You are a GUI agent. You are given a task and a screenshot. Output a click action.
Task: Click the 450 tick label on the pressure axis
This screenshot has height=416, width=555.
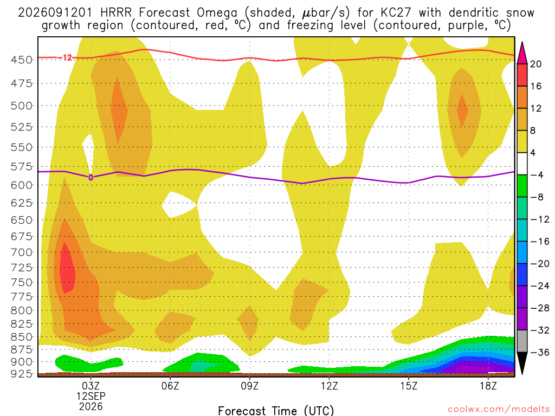[22, 60]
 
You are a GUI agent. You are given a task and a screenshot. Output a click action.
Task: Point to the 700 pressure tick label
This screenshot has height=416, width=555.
[22, 252]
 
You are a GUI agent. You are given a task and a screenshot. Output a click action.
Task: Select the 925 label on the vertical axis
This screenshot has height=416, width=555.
[22, 373]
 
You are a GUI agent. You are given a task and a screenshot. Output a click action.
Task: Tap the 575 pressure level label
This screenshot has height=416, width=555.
[22, 166]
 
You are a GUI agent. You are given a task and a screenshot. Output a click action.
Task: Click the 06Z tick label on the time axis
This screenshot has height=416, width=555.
[170, 386]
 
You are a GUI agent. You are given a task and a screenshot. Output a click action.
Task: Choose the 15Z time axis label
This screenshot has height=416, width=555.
[409, 386]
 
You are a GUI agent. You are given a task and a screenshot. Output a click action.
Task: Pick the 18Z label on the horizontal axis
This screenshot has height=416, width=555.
[488, 386]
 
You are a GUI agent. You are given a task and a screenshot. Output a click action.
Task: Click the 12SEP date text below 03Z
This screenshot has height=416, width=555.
[91, 396]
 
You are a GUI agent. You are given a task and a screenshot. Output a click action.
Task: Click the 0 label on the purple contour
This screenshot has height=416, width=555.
[91, 177]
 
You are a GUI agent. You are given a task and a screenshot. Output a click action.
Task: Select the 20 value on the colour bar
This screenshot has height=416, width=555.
[536, 64]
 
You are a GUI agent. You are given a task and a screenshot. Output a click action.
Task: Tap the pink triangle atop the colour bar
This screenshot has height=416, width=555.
[522, 53]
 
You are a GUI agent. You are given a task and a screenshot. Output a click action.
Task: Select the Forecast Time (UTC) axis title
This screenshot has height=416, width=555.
[276, 411]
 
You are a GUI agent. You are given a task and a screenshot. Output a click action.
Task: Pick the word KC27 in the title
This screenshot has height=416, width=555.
[396, 12]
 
